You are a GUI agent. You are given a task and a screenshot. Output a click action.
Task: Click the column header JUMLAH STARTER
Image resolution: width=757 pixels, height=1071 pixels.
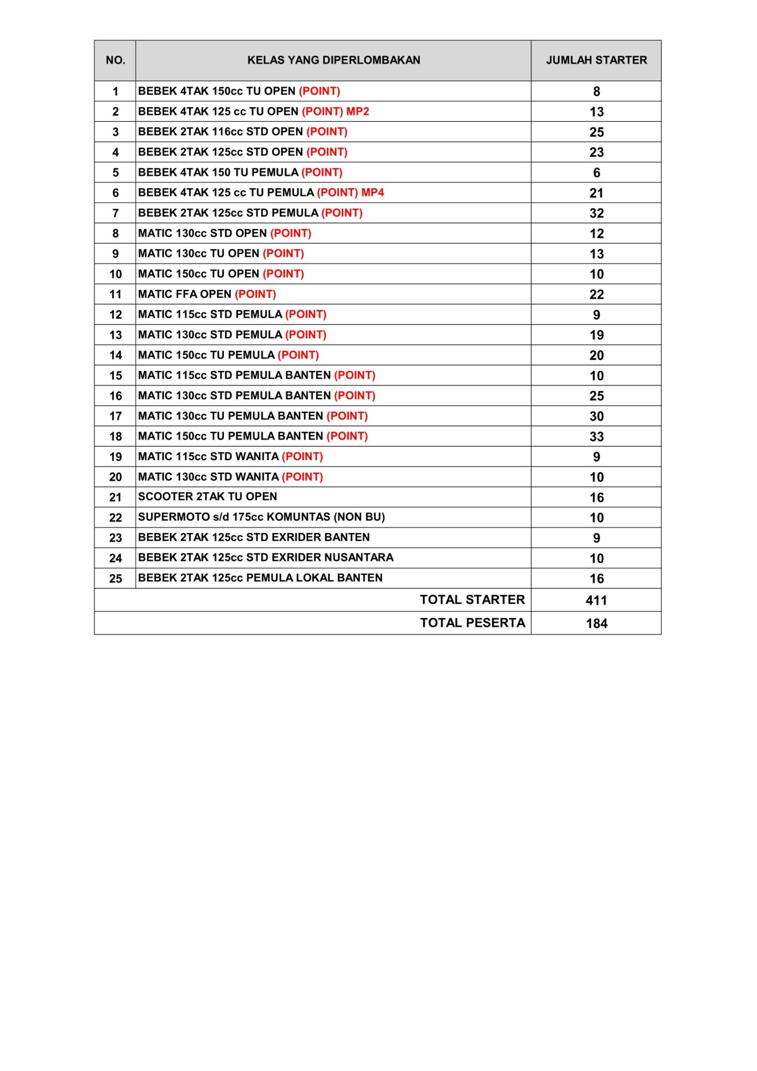point(596,60)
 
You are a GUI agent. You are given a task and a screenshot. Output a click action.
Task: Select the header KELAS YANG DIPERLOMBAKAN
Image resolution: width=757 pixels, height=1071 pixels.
point(334,60)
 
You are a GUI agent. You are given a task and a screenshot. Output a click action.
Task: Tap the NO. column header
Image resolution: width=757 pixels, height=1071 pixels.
point(116,60)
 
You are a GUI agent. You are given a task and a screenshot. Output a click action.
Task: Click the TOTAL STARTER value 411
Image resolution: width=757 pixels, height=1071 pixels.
point(596,600)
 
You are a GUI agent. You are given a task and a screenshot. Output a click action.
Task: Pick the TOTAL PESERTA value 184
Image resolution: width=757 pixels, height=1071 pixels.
point(596,623)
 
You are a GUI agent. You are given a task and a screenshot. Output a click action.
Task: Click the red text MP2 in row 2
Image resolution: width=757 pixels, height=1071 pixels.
point(358,111)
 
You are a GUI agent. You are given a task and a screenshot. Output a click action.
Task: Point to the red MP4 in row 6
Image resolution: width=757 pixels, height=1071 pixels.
point(373,192)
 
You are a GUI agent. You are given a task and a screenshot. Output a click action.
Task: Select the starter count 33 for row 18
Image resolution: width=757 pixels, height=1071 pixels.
point(597,437)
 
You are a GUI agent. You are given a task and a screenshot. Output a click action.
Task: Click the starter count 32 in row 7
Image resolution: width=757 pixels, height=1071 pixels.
point(597,213)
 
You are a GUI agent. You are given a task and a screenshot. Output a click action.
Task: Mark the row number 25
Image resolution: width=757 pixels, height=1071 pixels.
point(116,579)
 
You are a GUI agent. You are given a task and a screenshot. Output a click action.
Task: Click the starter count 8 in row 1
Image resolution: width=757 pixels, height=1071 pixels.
point(597,92)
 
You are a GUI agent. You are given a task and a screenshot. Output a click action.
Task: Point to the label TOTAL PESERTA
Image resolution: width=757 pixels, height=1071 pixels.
point(473,623)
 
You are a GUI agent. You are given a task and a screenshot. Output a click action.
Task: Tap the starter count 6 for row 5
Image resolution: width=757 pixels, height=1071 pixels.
point(597,173)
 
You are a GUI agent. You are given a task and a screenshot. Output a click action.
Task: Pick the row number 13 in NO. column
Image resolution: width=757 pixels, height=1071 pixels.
point(116,335)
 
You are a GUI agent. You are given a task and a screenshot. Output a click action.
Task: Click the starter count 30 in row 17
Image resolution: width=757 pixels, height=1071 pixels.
point(597,416)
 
